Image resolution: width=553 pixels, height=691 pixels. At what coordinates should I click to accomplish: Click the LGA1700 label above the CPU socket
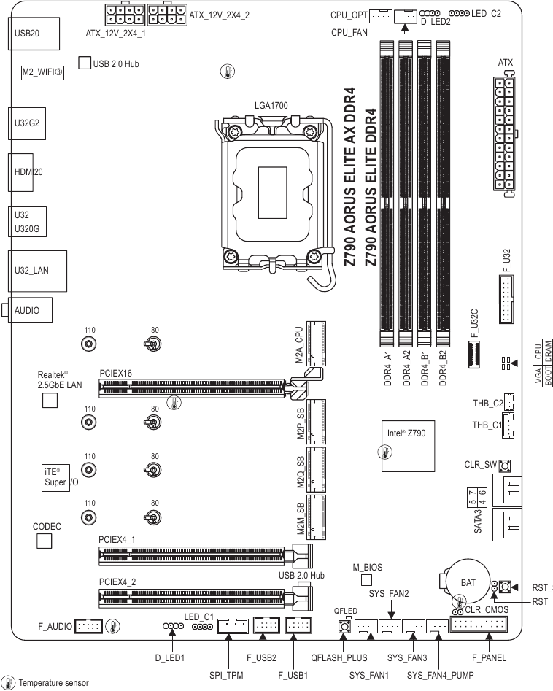coord(271,106)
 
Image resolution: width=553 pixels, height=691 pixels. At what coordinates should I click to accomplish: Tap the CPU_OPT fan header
coord(380,15)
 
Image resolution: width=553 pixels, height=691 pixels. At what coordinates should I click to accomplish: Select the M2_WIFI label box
coord(43,72)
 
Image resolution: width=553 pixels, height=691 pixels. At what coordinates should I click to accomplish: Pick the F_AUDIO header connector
coord(88,626)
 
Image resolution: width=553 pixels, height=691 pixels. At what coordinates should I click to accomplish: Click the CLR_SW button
coord(503,464)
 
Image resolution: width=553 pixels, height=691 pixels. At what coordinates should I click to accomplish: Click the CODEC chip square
coord(45,541)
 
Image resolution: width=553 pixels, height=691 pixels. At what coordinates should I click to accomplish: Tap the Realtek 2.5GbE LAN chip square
coord(50,400)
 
